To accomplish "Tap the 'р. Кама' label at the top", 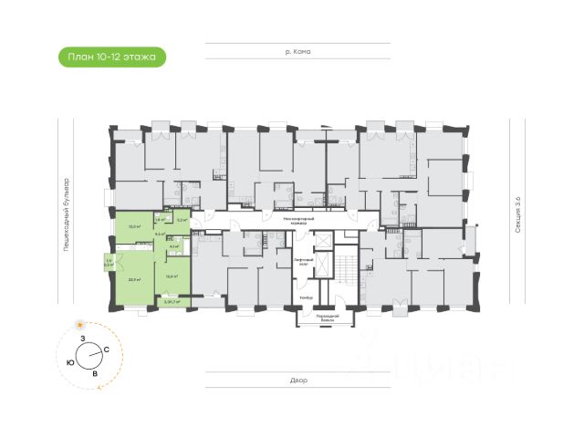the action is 297,52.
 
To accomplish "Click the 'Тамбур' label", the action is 307,298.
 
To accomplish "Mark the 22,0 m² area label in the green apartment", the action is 134,279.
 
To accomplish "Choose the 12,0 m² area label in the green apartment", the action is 133,226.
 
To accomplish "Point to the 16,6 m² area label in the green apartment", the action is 171,275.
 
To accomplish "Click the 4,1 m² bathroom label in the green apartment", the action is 174,246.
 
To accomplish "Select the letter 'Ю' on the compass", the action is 70,361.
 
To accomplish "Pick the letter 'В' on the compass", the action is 94,372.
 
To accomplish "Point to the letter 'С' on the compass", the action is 107,350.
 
